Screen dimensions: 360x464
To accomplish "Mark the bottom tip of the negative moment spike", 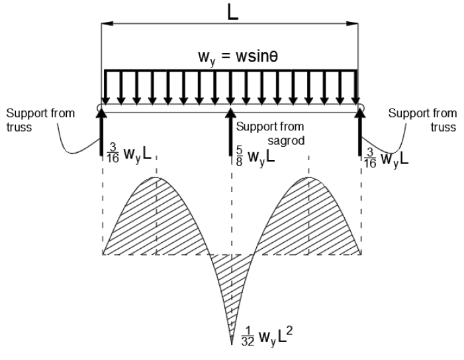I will tap(231, 344).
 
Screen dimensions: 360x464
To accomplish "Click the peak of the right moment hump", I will tap(308, 177).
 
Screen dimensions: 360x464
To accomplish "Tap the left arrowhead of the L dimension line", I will tap(104, 25).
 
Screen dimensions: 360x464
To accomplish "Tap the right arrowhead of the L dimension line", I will tap(357, 25).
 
